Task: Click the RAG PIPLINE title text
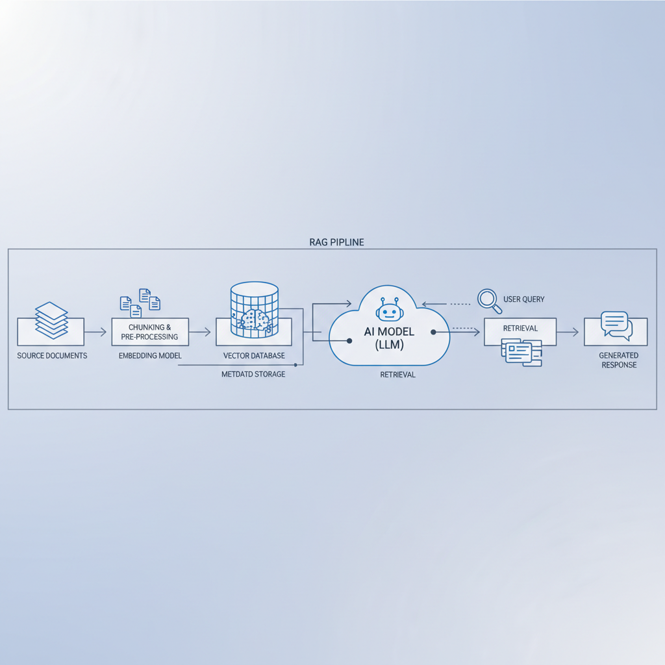point(336,242)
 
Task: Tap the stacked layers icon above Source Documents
point(51,320)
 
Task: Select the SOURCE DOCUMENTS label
point(52,356)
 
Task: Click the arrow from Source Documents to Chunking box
point(95,332)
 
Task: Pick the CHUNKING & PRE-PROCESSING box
point(150,332)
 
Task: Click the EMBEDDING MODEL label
point(150,356)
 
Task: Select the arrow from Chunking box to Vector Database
point(200,332)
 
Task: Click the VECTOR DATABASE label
point(254,356)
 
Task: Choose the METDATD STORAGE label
point(253,374)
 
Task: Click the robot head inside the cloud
point(389,310)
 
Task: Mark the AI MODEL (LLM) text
point(388,338)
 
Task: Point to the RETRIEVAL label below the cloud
point(397,375)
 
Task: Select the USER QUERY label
point(523,299)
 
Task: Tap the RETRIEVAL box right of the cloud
point(520,329)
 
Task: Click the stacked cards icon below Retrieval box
point(521,353)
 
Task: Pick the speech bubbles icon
point(616,325)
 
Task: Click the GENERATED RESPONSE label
point(619,360)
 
